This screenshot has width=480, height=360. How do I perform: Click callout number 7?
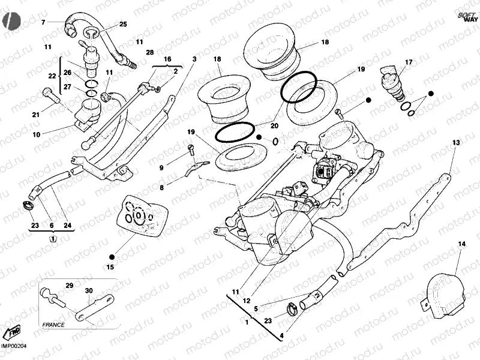click(x=43, y=23)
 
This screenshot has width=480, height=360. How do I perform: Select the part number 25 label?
click(x=123, y=24)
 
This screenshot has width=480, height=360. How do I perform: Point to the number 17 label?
click(x=409, y=62)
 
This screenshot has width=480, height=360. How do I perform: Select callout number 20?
click(x=274, y=126)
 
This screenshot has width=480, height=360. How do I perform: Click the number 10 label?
click(x=37, y=135)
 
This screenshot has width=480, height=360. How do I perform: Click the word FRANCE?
click(x=53, y=324)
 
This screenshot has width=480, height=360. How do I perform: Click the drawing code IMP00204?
click(x=14, y=345)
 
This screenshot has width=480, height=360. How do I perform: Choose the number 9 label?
click(x=161, y=168)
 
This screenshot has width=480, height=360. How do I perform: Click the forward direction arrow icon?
click(x=13, y=332)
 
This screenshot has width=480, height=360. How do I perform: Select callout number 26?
click(x=68, y=73)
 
